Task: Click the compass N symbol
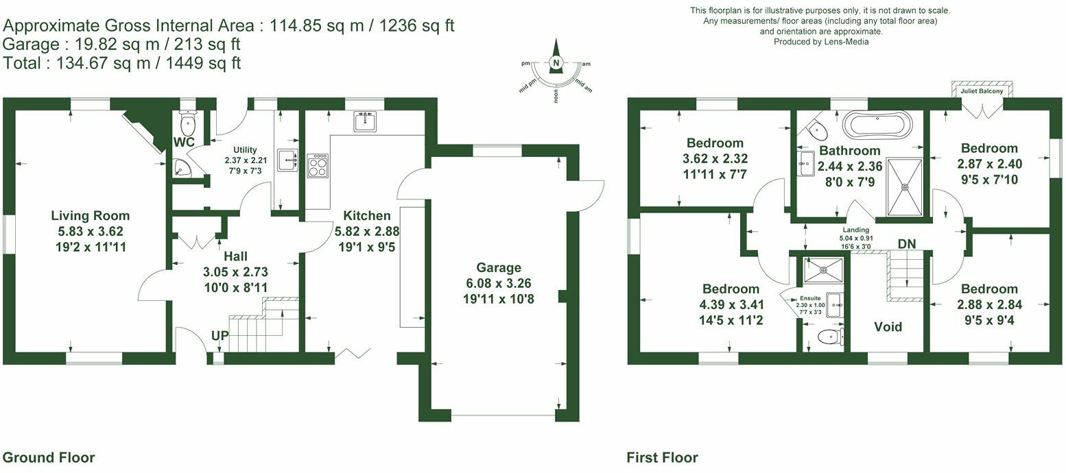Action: coord(557,64)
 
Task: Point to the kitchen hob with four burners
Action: coord(318,166)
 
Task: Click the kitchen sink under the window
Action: coord(364,121)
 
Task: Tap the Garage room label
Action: coord(499,267)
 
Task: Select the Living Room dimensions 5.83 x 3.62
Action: coord(91,232)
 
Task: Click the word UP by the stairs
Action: coord(220,337)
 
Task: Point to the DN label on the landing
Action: coord(905,244)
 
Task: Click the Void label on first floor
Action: coord(888,327)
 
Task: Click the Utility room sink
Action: coord(287,160)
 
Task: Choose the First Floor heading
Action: coord(662,457)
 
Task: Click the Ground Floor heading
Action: coord(49,457)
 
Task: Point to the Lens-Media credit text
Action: coord(820,42)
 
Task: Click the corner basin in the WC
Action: coord(180,168)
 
